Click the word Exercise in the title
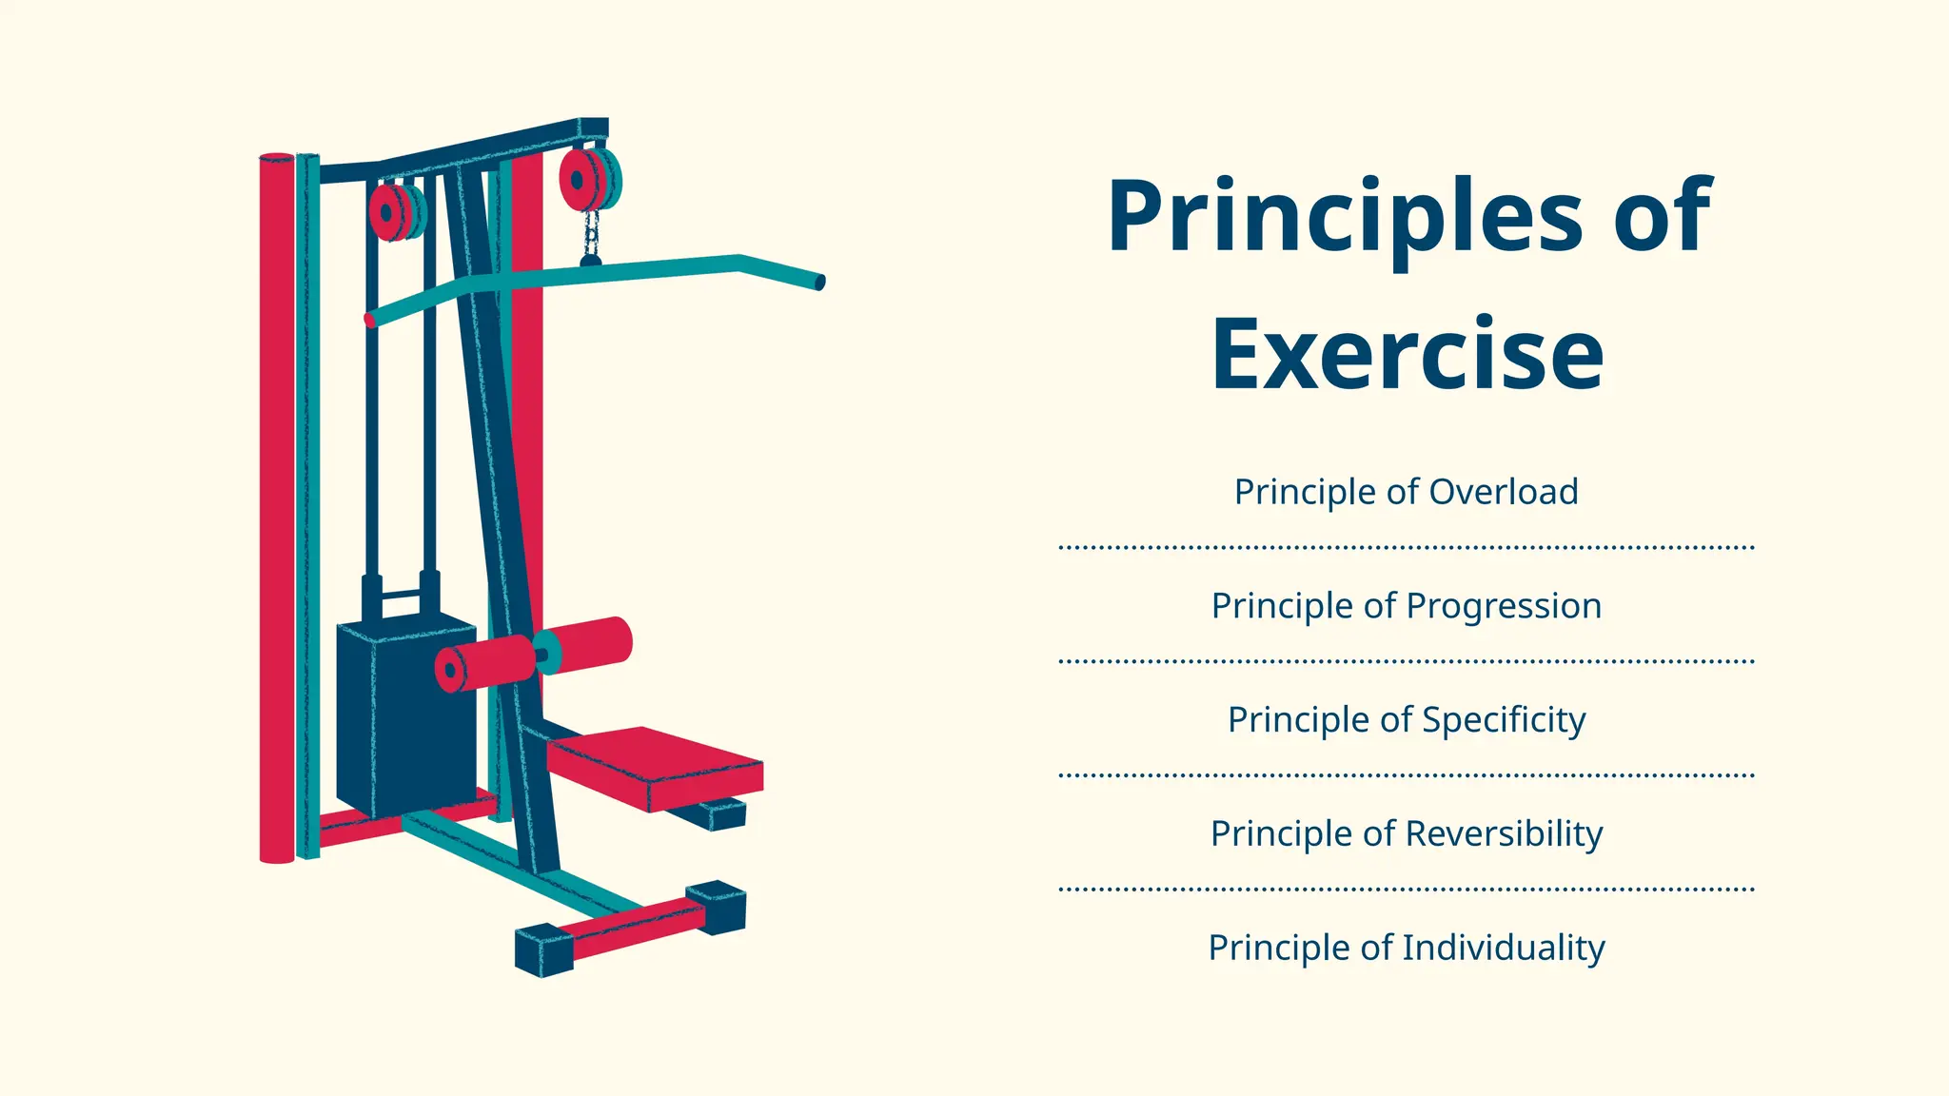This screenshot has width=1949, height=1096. pyautogui.click(x=1407, y=355)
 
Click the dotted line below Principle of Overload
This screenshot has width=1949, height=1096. pyautogui.click(x=1406, y=548)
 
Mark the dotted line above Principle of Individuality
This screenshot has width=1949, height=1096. pyautogui.click(x=1406, y=890)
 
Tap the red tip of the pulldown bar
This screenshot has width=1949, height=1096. pyautogui.click(x=370, y=321)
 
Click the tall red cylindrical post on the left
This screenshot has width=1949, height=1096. pyautogui.click(x=277, y=504)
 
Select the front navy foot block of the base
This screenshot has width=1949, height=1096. pyautogui.click(x=543, y=949)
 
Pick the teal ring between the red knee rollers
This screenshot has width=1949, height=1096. pyautogui.click(x=546, y=653)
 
